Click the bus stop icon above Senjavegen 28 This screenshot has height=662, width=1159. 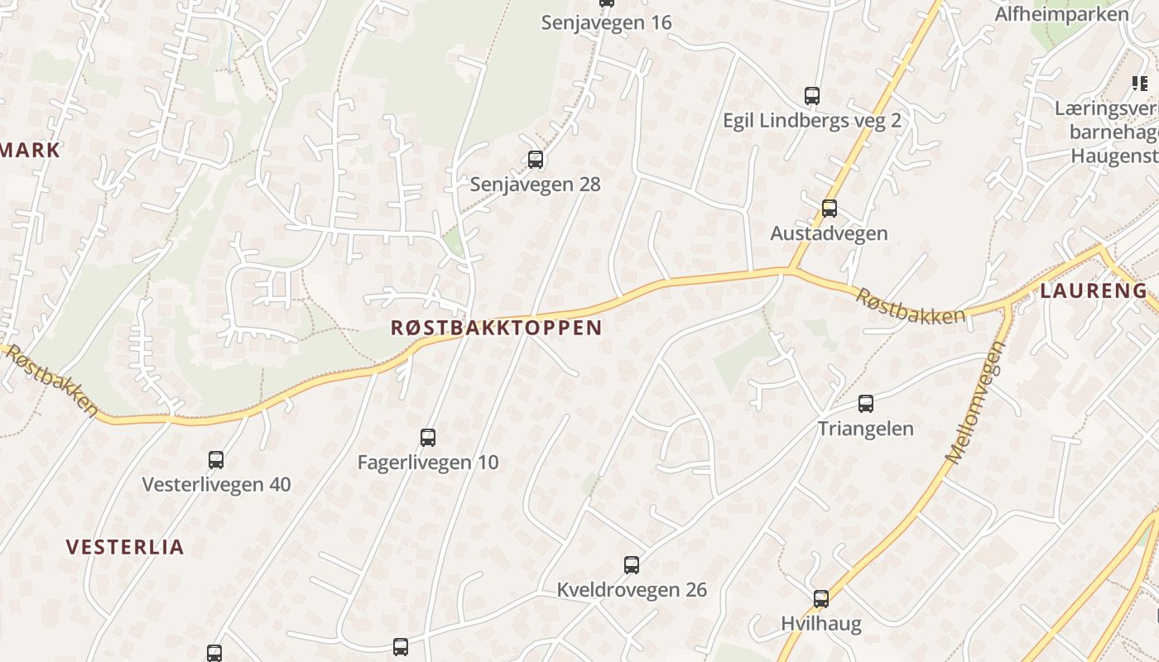[536, 160]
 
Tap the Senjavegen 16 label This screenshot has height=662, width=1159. [606, 22]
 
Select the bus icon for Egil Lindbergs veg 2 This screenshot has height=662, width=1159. [812, 96]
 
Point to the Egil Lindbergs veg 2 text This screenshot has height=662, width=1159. [811, 121]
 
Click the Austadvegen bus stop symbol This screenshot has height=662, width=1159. [830, 209]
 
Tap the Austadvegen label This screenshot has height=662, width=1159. [829, 233]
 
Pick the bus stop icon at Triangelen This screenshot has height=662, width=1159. [866, 404]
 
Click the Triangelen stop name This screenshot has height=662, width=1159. [866, 429]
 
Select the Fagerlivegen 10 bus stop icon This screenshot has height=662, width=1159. [428, 438]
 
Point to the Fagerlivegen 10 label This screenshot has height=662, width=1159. [428, 463]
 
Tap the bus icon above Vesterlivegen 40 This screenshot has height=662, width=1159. [216, 460]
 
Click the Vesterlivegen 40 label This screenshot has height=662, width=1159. [216, 484]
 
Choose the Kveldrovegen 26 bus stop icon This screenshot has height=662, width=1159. [632, 565]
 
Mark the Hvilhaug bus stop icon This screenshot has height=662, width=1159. [821, 599]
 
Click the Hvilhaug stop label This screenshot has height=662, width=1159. [821, 624]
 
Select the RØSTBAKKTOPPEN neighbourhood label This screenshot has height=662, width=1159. [496, 328]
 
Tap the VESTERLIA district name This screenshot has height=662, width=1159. [125, 547]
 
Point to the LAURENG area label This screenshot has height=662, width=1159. [1094, 291]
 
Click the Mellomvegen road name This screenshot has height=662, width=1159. [974, 403]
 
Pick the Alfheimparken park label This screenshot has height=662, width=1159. [1061, 14]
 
